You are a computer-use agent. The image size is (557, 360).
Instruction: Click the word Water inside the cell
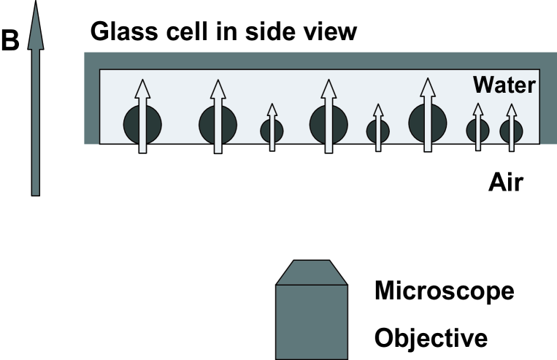pyautogui.click(x=503, y=85)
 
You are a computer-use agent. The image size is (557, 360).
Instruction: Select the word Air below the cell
pyautogui.click(x=506, y=181)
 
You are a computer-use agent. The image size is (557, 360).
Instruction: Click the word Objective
pyautogui.click(x=430, y=338)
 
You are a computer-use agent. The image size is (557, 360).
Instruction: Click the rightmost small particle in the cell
pyautogui.click(x=512, y=131)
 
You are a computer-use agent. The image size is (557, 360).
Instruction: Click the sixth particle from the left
pyautogui.click(x=428, y=122)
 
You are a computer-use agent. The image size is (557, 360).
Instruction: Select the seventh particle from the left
pyautogui.click(x=478, y=131)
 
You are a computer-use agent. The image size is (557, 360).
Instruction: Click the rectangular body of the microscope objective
pyautogui.click(x=315, y=321)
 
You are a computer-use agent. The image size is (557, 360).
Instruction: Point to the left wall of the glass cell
pyautogui.click(x=91, y=102)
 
